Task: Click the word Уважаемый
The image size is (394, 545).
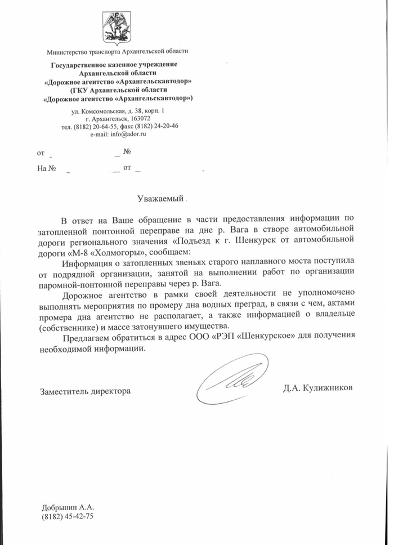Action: (x=161, y=198)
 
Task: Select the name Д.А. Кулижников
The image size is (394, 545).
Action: (x=319, y=388)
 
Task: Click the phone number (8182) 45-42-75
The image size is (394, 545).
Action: (x=67, y=516)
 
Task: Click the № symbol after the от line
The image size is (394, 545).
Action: (x=127, y=152)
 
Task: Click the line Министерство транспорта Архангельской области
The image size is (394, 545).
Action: (x=118, y=51)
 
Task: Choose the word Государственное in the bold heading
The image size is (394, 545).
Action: (x=83, y=65)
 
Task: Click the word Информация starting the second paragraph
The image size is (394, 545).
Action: (x=92, y=262)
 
